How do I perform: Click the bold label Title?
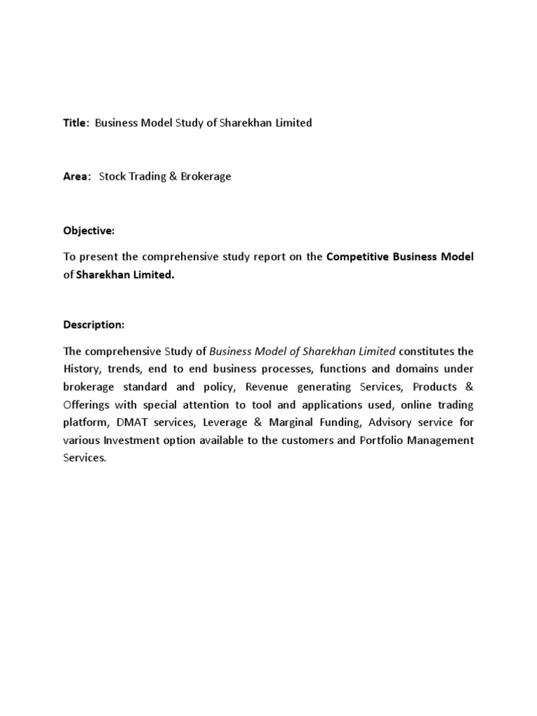[x=76, y=123]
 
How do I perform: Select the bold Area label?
[x=76, y=177]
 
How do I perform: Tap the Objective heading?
[x=89, y=231]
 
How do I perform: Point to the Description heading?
[x=94, y=325]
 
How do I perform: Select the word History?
[x=82, y=368]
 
